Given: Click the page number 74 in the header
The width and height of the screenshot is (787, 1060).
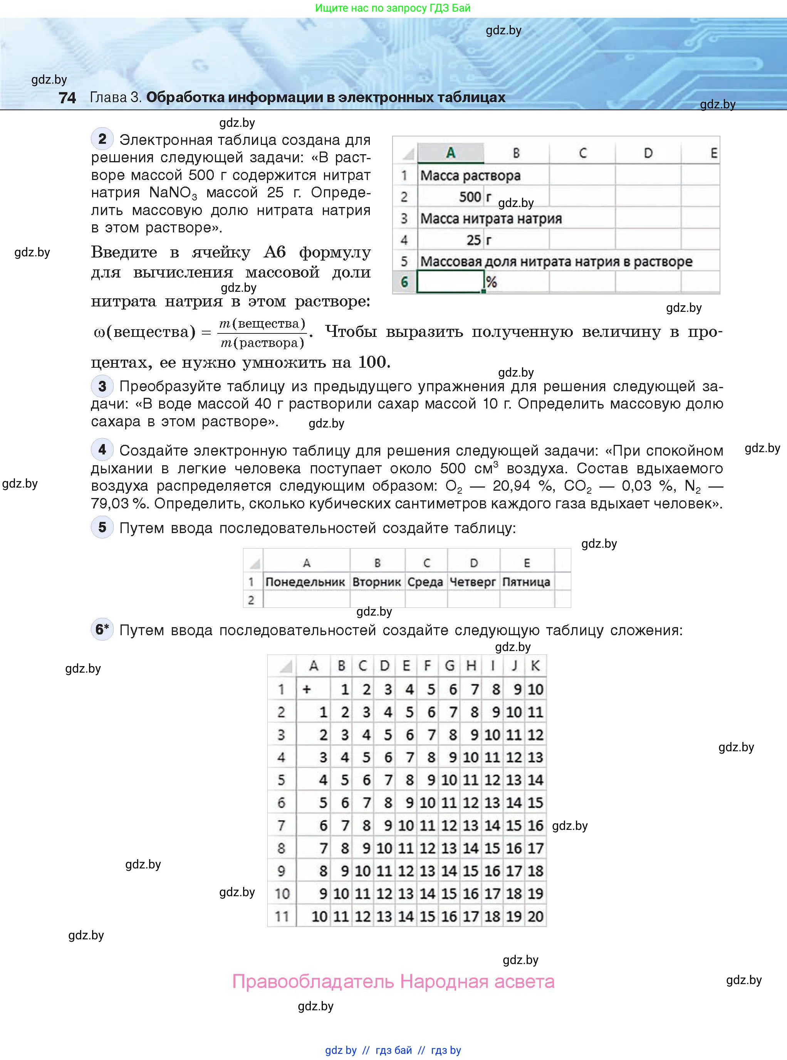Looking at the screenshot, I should tap(67, 98).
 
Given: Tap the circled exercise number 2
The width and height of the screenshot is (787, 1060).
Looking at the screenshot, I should tap(102, 139).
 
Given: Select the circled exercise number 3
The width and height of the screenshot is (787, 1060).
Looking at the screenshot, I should tap(102, 386).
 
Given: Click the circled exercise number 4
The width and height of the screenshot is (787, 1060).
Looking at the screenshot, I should tap(102, 449).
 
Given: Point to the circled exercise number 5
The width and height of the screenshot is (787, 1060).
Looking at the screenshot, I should tap(102, 527).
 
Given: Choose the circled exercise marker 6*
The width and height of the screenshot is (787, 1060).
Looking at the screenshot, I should tap(102, 629).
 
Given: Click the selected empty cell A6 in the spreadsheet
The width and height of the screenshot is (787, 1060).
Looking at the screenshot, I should tap(450, 282).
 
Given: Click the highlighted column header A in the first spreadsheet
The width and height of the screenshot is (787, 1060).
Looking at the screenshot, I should tap(450, 153).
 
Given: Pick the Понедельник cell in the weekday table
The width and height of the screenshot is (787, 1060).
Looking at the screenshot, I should tap(305, 582).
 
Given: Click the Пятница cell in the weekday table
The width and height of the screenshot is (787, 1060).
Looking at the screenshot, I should tap(527, 582).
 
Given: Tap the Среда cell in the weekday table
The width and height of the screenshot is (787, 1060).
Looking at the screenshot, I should tap(425, 582).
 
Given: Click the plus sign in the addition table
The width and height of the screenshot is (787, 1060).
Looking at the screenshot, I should tap(307, 689).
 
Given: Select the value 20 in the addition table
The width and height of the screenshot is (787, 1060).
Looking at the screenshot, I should tap(535, 916).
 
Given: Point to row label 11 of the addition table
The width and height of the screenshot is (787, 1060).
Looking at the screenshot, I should tap(282, 916).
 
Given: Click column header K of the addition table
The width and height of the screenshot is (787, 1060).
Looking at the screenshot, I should tap(535, 666).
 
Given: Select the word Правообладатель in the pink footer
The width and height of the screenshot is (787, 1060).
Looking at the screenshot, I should tap(313, 982).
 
